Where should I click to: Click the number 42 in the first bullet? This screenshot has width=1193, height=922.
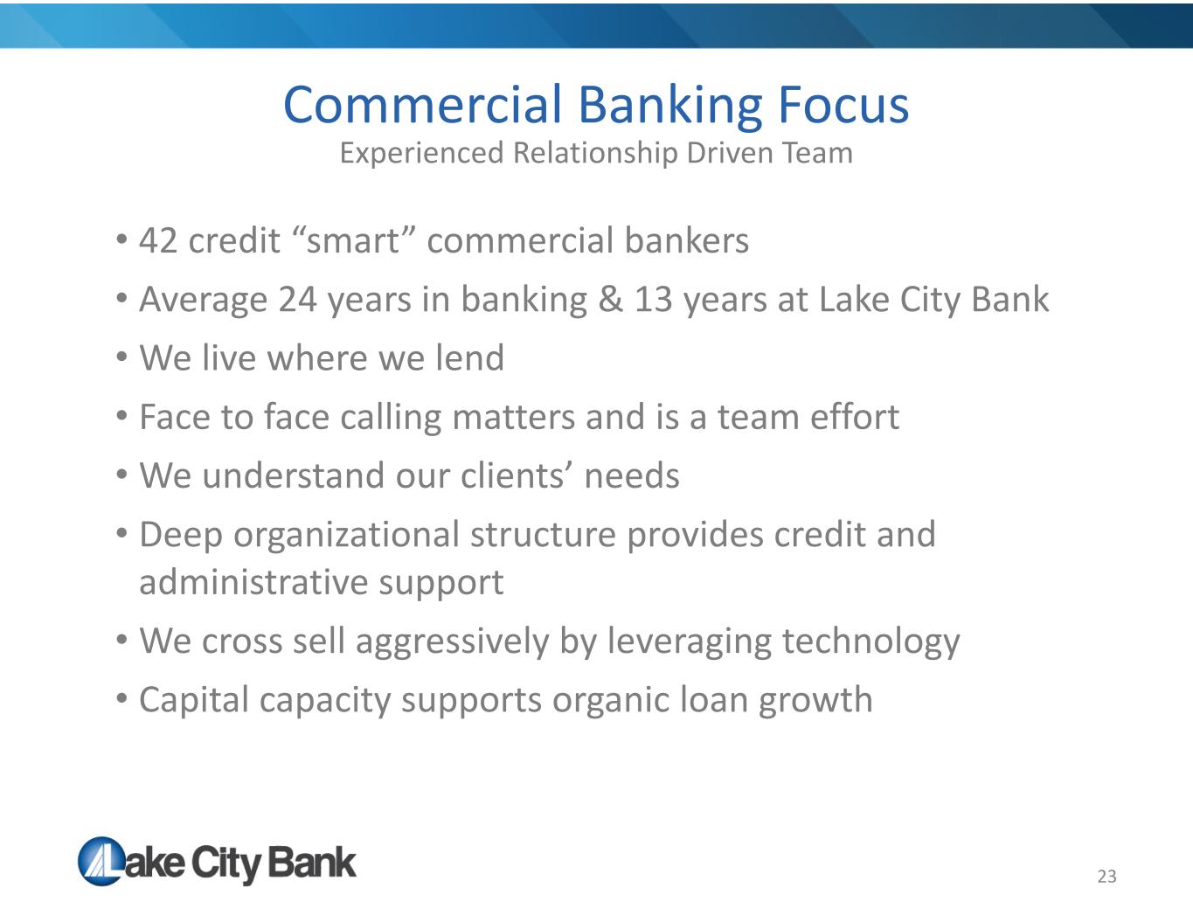[x=158, y=240]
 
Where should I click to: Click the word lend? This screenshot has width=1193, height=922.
[x=470, y=357]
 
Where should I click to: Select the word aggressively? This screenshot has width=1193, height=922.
[x=453, y=642]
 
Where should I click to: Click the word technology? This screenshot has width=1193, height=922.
[x=870, y=642]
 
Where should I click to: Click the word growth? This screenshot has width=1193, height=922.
[x=815, y=701]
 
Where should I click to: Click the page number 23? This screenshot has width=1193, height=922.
[x=1106, y=877]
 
